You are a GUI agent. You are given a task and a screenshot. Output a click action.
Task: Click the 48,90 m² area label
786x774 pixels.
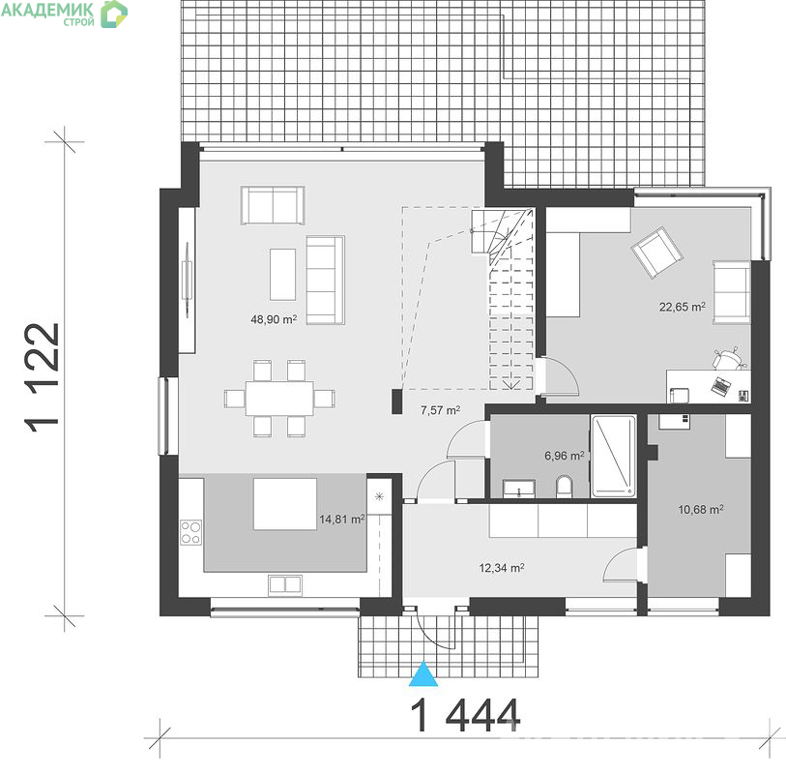point(274,319)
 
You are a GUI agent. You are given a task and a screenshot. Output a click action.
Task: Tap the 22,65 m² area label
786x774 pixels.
point(683,307)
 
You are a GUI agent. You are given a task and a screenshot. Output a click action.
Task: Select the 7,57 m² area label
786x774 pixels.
point(440,410)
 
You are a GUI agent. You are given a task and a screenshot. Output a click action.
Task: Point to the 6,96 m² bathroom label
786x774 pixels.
point(564,456)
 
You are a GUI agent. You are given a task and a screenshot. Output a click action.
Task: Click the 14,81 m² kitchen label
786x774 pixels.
point(342,520)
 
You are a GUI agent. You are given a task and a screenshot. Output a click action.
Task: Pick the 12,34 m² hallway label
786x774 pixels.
point(502,568)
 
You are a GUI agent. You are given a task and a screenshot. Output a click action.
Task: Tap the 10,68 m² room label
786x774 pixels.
point(701,510)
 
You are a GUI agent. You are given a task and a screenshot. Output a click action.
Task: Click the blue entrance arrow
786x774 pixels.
point(423,674)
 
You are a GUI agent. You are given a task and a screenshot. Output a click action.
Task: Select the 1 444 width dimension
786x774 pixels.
point(466,715)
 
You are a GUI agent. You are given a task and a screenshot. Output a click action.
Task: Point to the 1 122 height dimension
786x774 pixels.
point(43,377)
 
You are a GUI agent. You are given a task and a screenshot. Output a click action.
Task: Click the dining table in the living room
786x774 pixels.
point(279,399)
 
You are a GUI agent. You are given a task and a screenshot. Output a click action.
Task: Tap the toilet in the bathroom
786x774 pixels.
point(564,487)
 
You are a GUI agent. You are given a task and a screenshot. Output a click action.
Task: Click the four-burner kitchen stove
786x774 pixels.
point(191,532)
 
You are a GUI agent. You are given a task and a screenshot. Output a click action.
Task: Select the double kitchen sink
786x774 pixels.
point(285,584)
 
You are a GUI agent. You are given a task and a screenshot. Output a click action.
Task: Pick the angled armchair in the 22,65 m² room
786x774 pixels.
point(656,253)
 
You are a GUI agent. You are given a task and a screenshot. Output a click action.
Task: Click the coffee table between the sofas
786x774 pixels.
point(282,275)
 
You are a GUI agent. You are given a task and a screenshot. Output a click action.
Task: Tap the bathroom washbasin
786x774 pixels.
point(519,488)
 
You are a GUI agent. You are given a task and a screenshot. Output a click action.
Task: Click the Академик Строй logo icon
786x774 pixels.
point(114,14)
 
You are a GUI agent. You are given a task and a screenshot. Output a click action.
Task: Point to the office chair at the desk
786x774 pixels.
point(729,358)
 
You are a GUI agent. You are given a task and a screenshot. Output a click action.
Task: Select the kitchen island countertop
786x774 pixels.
point(285,504)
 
